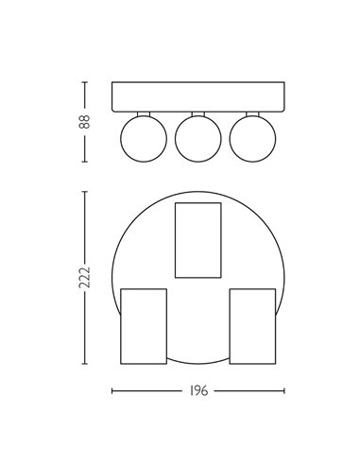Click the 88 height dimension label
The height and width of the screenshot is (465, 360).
[x=85, y=122]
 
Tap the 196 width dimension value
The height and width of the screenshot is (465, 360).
[x=198, y=389]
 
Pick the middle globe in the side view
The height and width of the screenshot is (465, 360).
[x=197, y=138]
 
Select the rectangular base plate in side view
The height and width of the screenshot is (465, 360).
[x=198, y=96]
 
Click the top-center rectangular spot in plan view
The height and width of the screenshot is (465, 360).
[x=198, y=239]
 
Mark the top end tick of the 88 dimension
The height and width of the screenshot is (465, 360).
[x=85, y=82]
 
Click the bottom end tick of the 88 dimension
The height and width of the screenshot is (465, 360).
[x=85, y=162]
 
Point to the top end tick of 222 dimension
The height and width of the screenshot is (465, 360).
[x=85, y=190]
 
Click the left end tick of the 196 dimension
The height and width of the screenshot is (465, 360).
[x=112, y=389]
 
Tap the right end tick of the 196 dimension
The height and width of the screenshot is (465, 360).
[x=284, y=389]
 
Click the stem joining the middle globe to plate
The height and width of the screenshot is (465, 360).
[x=197, y=112]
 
